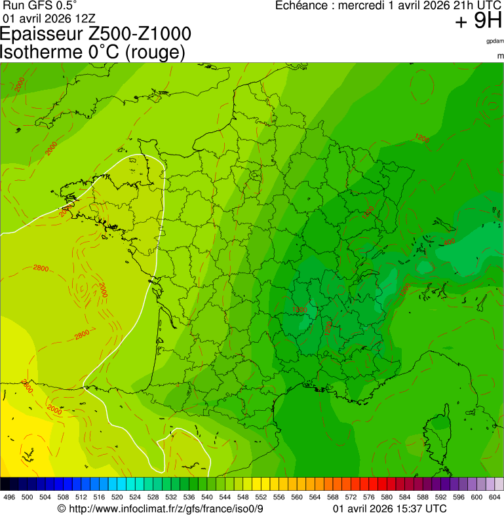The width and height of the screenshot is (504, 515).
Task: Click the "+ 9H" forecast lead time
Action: [478, 22]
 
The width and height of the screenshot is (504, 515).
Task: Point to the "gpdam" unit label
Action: [495, 41]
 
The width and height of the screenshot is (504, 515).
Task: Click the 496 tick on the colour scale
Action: [9, 497]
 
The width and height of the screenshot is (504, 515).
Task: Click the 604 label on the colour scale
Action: [495, 497]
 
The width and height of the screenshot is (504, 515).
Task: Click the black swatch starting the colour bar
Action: [5, 484]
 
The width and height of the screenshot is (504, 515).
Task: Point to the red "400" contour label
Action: [450, 243]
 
